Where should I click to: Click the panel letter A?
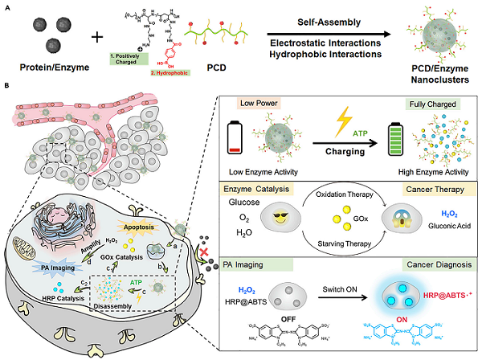point(8,7)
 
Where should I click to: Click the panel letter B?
point(8,85)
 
